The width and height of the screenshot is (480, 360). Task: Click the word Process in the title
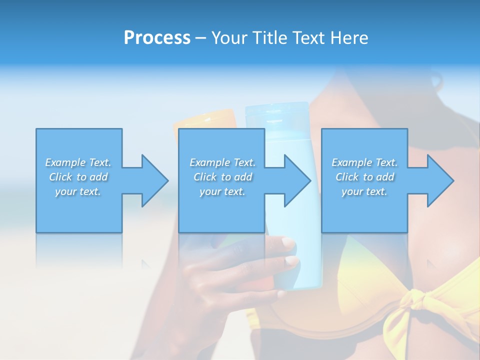pyautogui.click(x=157, y=38)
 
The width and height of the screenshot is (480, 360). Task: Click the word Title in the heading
pyautogui.click(x=269, y=38)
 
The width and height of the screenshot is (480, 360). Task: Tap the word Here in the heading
pyautogui.click(x=349, y=38)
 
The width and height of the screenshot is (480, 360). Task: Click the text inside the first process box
pyautogui.click(x=78, y=177)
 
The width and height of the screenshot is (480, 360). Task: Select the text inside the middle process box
pyautogui.click(x=222, y=177)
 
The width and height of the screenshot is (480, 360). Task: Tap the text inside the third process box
pyautogui.click(x=364, y=177)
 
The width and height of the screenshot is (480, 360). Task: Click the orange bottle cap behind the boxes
pyautogui.click(x=205, y=119)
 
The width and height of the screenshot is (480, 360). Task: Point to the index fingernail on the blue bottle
pyautogui.click(x=288, y=243)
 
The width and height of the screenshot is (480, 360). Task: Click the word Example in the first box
pyautogui.click(x=65, y=162)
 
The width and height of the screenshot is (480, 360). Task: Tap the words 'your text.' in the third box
pyautogui.click(x=364, y=191)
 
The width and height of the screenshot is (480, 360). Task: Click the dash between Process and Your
pyautogui.click(x=200, y=38)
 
